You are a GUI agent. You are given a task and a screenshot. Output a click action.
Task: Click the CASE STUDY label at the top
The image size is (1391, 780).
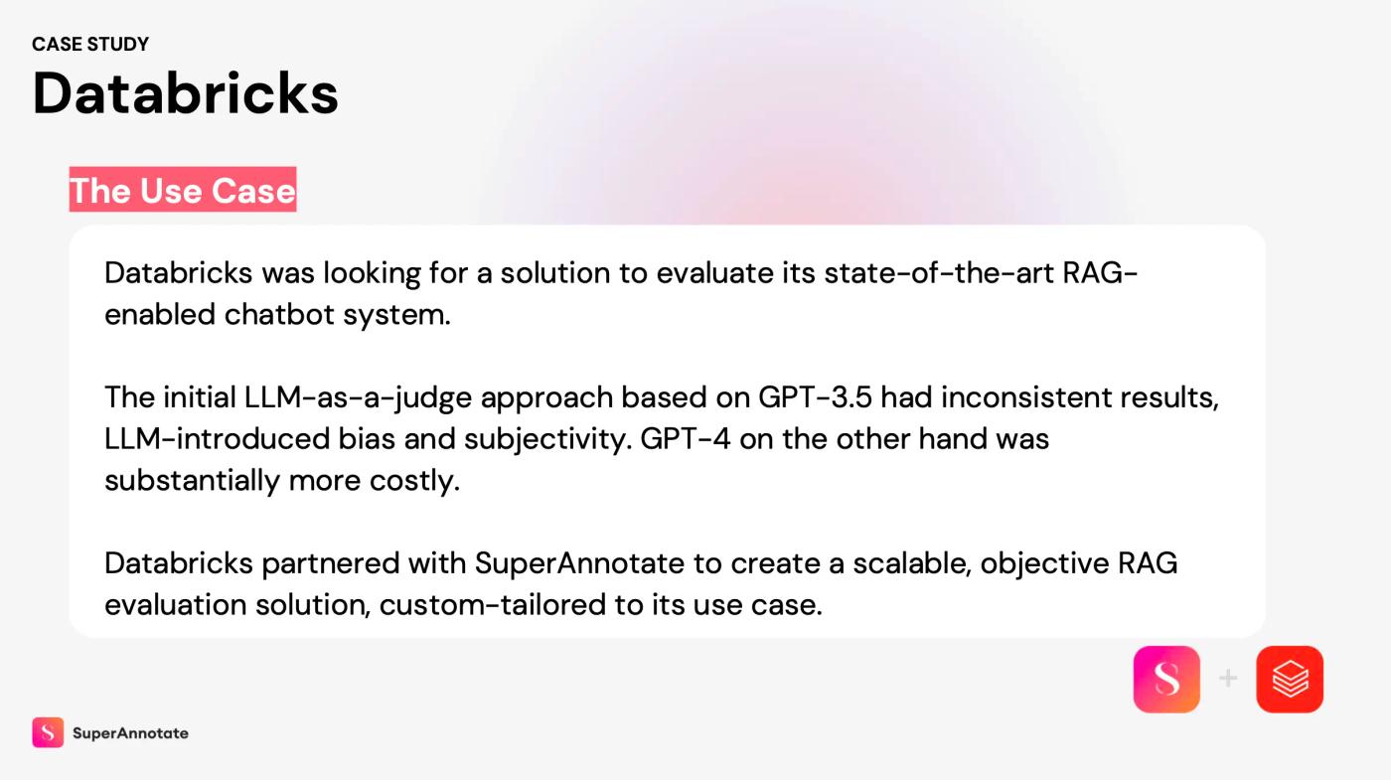(x=90, y=44)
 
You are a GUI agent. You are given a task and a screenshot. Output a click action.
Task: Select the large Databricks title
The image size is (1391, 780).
(x=185, y=93)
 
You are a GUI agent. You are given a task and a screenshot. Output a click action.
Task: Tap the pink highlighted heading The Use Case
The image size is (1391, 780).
(x=183, y=190)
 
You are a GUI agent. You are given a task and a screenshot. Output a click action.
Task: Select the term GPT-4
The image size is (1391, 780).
(x=685, y=438)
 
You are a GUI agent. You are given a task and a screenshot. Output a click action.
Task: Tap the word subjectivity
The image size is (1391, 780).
(x=547, y=439)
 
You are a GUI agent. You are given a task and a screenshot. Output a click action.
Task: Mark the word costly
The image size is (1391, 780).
(x=414, y=481)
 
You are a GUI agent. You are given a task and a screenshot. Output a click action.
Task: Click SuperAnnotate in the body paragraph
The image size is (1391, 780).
(x=579, y=564)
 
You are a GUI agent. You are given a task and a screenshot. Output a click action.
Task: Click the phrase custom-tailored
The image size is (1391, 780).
(x=493, y=605)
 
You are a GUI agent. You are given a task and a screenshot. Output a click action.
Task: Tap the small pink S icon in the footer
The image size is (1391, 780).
(x=48, y=732)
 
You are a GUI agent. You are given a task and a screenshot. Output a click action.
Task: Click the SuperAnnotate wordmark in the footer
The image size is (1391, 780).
(x=130, y=733)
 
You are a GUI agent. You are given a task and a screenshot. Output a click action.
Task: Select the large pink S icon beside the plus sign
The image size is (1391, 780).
(x=1166, y=679)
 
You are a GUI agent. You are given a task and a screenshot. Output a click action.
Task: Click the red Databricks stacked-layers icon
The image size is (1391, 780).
(x=1290, y=679)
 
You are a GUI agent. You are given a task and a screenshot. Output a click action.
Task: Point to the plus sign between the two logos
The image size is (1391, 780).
(x=1228, y=678)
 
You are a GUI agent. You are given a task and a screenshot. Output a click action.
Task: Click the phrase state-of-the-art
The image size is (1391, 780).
(x=938, y=272)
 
